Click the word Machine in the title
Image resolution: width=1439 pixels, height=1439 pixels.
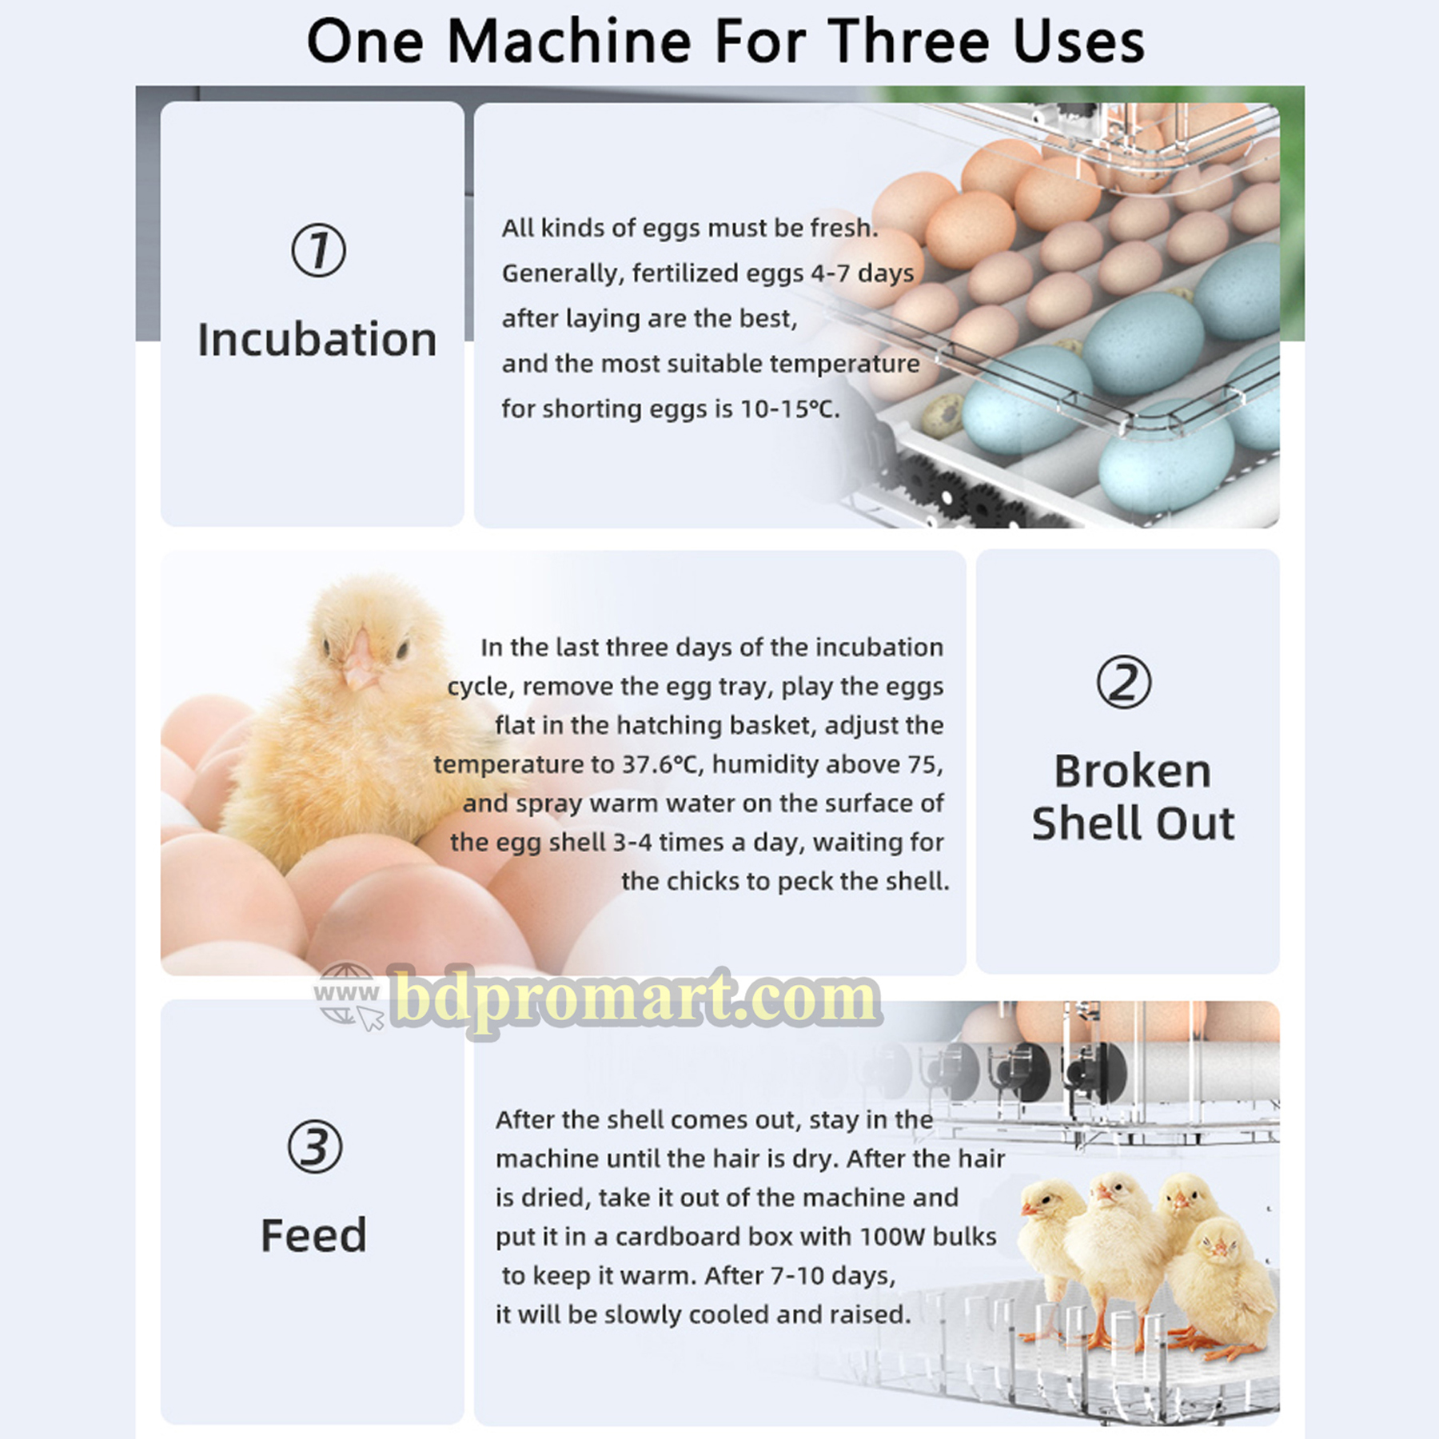tap(568, 42)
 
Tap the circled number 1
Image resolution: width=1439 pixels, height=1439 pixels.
tap(318, 250)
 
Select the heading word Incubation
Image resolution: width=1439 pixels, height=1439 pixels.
tap(317, 339)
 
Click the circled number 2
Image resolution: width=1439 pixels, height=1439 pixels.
tap(1124, 682)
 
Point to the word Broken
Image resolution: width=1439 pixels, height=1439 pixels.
tap(1133, 771)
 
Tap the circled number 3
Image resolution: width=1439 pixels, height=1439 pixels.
tap(315, 1147)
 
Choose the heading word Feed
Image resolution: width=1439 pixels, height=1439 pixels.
tap(313, 1235)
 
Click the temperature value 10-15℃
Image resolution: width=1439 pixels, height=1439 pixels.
tap(789, 409)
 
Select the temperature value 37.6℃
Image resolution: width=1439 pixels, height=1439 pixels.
tap(663, 764)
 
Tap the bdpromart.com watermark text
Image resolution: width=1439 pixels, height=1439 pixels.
tap(636, 999)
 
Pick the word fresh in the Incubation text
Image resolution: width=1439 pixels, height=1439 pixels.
tap(843, 228)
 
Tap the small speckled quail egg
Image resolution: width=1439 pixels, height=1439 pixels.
tap(943, 416)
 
